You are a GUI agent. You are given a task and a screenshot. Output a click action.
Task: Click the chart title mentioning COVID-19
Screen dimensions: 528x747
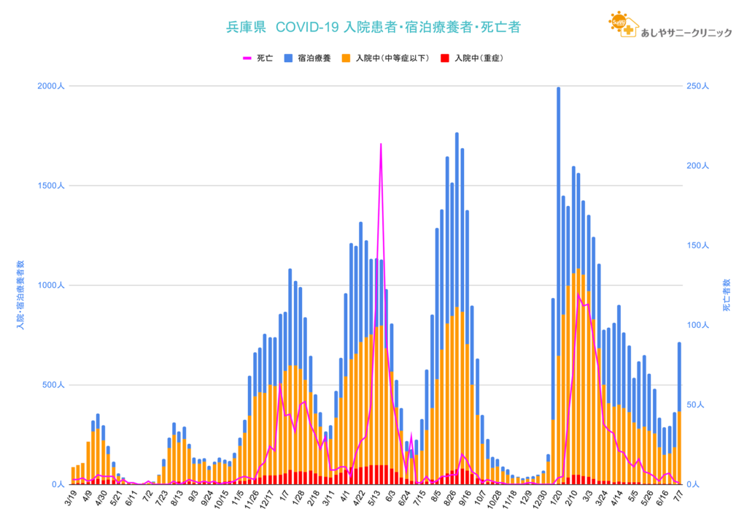373,28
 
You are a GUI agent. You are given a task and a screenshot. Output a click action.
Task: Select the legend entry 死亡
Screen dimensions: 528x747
258,58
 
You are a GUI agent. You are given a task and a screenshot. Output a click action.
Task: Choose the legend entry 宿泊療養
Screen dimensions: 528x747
311,58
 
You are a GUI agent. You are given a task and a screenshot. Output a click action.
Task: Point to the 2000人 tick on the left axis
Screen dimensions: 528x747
51,86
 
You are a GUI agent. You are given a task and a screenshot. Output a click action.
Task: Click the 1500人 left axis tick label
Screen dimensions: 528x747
51,186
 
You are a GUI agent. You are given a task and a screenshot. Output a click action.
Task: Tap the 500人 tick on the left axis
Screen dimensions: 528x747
53,385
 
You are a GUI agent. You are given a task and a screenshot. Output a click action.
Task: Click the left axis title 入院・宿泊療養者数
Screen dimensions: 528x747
20,292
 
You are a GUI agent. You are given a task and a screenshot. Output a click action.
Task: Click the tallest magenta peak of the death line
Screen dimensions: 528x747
381,145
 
